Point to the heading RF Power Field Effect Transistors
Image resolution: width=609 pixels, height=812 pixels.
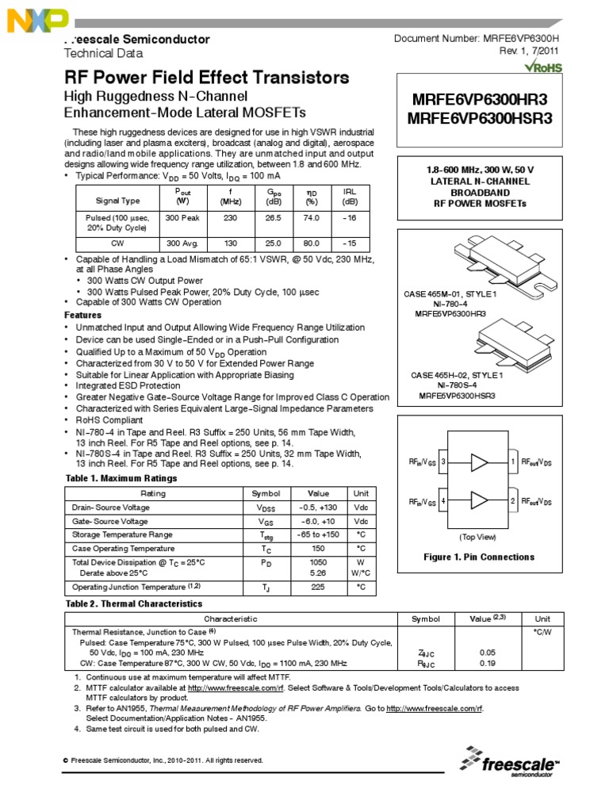point(206,78)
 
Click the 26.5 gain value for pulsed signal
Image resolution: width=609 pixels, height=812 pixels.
point(274,216)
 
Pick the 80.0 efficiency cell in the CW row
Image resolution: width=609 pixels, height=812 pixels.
point(312,244)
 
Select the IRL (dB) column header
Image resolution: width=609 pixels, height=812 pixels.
point(350,196)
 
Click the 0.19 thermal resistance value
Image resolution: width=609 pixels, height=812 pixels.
point(488,663)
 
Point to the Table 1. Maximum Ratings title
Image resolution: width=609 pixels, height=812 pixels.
point(121,478)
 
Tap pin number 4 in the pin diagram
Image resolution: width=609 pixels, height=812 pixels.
point(442,501)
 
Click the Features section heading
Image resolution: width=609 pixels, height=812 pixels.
point(82,315)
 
